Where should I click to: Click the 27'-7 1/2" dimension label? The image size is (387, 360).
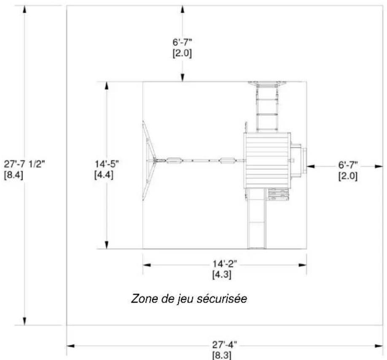pos(24,164)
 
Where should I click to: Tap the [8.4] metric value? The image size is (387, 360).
pos(13,175)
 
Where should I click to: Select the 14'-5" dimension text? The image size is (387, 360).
pos(107,164)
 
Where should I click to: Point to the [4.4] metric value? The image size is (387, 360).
pos(104,175)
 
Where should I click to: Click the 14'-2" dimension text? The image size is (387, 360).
pos(225,264)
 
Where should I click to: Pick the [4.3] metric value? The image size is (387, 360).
pos(222,274)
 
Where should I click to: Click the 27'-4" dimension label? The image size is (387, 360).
pos(225,345)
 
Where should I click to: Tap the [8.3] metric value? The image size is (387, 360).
pos(222,355)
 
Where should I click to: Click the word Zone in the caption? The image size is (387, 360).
pos(144,298)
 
